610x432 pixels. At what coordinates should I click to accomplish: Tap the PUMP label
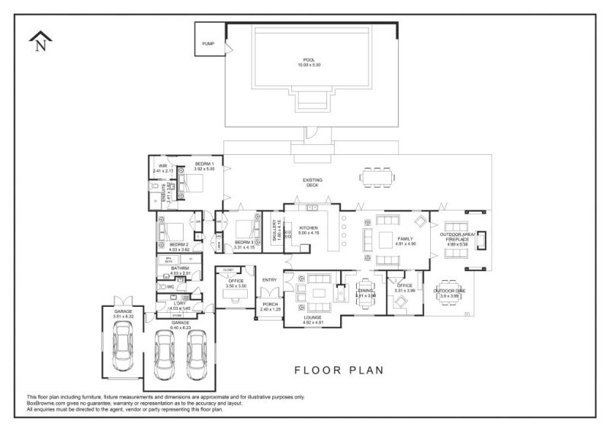[x=208, y=44]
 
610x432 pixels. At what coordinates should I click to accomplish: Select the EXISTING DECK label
[x=313, y=182]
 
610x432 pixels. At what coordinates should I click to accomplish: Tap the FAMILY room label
[x=404, y=239]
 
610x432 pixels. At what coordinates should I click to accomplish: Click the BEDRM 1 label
[x=204, y=164]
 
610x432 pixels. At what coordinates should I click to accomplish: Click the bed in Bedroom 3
[x=247, y=230]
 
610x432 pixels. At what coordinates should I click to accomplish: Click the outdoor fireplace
[x=481, y=239]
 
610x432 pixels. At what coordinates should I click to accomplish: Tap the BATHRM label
[x=180, y=269]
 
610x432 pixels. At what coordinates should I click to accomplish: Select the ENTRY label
[x=270, y=280]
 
